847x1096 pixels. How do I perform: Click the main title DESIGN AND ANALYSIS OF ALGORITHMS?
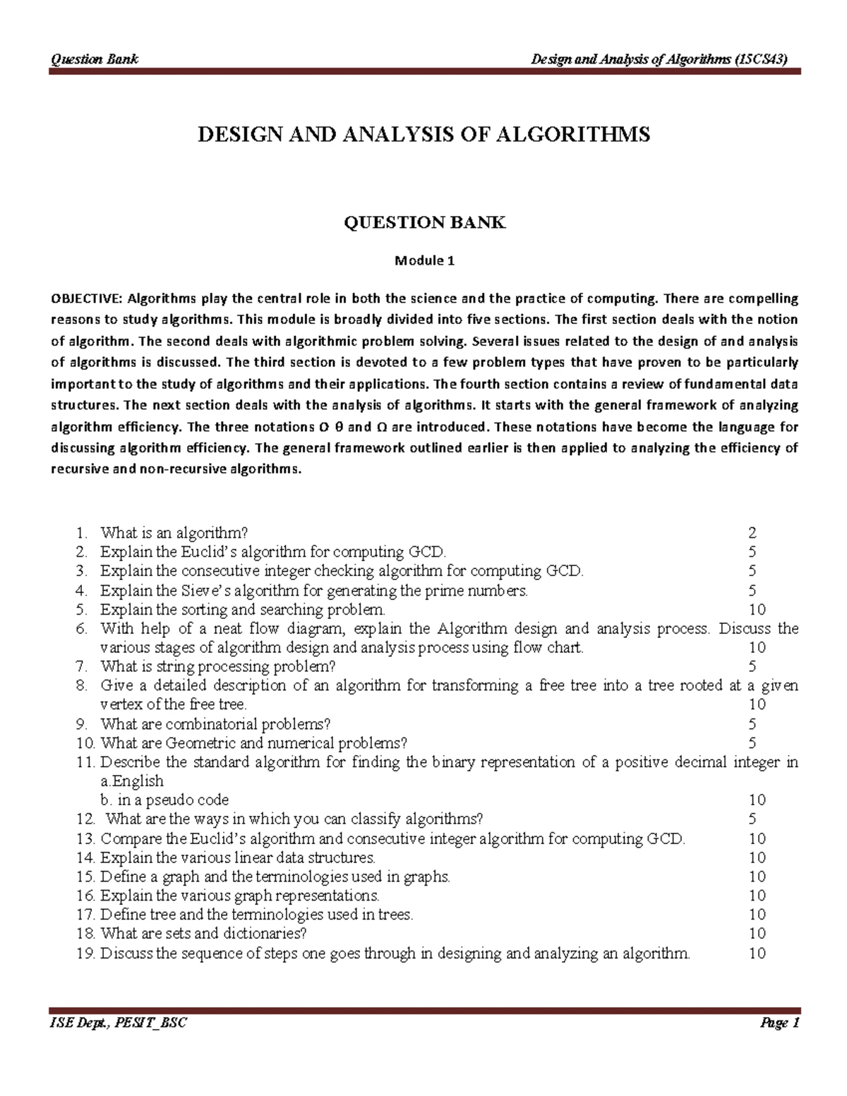click(423, 135)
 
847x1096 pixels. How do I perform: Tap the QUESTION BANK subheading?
click(423, 223)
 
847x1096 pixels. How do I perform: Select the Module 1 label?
click(423, 261)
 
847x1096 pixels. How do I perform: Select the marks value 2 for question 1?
click(752, 533)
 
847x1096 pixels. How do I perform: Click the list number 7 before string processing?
click(81, 666)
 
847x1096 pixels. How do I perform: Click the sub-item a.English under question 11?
click(132, 781)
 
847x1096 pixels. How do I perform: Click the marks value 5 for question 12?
click(752, 819)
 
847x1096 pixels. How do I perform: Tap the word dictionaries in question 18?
click(263, 934)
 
